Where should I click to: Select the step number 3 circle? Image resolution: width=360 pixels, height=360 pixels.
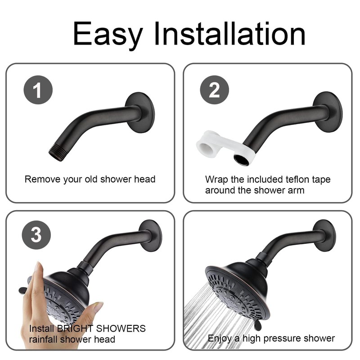click(x=38, y=235)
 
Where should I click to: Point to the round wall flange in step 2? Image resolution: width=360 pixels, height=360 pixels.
click(x=328, y=108)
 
